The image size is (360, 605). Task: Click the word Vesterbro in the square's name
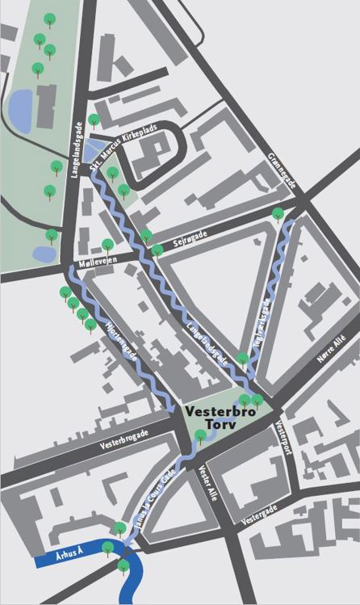click(x=221, y=411)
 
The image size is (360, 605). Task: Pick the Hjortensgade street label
click(x=122, y=343)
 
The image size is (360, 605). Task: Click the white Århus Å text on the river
click(x=57, y=559)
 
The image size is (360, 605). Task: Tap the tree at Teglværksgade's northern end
click(x=278, y=214)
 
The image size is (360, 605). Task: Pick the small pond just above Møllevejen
click(x=44, y=254)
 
